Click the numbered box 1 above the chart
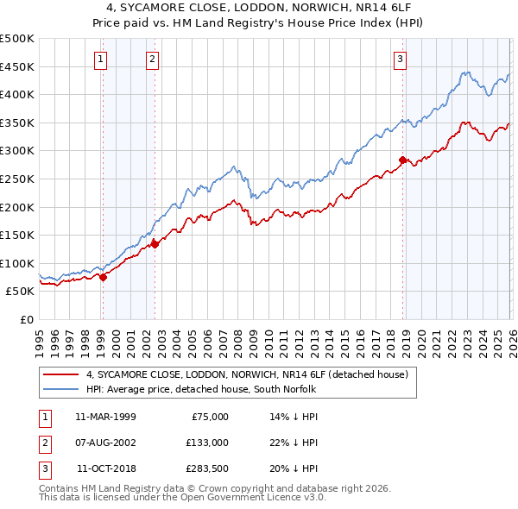[102, 60]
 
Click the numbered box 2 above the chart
[152, 60]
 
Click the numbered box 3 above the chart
[401, 60]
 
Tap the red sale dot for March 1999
[103, 277]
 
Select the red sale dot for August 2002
[155, 244]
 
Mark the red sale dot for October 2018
[402, 160]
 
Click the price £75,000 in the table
[209, 417]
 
